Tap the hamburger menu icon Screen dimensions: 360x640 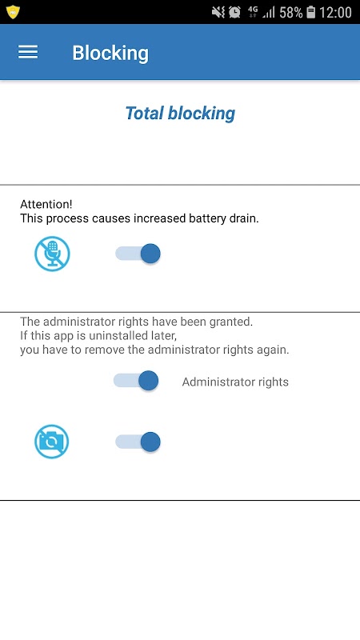tap(28, 52)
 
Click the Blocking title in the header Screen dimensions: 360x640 tap(110, 53)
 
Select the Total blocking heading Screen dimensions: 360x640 tap(180, 113)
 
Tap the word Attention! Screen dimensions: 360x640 tap(46, 204)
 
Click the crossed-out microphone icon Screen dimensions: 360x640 tap(52, 254)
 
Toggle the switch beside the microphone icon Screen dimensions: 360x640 tap(138, 254)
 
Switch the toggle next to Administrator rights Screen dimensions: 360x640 tap(136, 381)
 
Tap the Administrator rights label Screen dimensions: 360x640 tap(235, 382)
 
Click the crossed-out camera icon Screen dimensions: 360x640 tap(52, 442)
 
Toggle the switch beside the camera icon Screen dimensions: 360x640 tap(138, 442)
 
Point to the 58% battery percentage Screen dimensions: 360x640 tap(291, 13)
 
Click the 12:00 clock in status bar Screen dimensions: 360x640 tap(335, 13)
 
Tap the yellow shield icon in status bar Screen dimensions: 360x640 tap(13, 12)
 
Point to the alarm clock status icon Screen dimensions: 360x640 tap(234, 12)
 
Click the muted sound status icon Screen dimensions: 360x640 tap(218, 13)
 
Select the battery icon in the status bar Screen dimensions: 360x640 tap(311, 13)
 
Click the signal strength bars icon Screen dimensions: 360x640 tap(269, 13)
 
